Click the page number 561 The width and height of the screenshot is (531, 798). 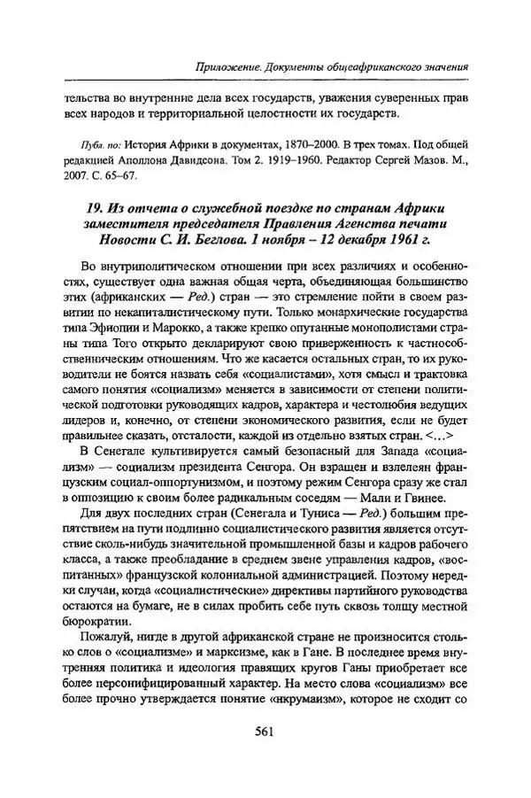[265, 731]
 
